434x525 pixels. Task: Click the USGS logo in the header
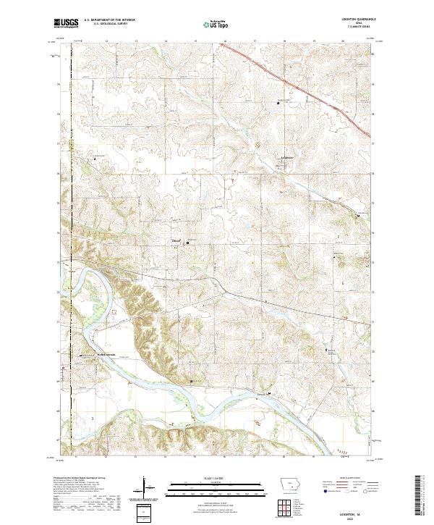click(67, 24)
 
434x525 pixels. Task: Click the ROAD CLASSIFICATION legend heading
click(345, 479)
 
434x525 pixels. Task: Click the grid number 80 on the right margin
click(373, 54)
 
